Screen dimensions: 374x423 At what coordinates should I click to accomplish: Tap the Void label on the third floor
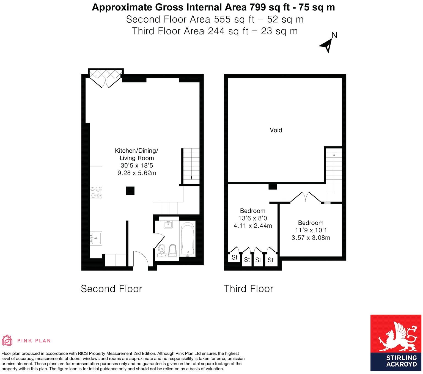[276, 130]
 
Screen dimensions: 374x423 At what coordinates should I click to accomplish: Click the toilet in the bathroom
[172, 251]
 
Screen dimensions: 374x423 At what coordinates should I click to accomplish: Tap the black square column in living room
[130, 191]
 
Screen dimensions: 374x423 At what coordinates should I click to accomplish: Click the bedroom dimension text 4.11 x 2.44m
[252, 226]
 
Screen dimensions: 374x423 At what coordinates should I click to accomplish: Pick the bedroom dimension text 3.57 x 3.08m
[311, 238]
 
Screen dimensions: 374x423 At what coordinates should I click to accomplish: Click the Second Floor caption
[111, 289]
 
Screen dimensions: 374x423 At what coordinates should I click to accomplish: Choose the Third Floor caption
[248, 289]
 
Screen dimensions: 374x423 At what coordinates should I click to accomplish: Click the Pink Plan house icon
[7, 340]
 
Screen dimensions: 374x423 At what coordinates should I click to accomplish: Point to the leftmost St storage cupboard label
[234, 258]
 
